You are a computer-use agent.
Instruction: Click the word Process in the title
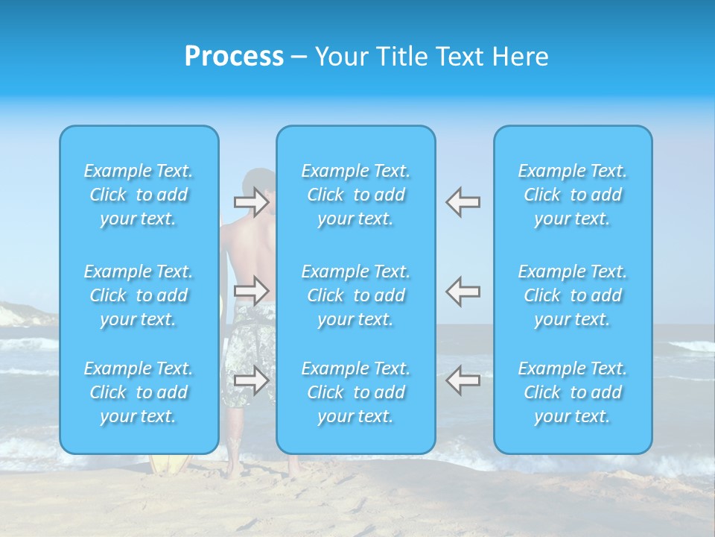pyautogui.click(x=234, y=57)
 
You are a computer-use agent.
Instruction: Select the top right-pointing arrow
pyautogui.click(x=252, y=202)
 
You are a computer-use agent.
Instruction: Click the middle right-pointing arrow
pyautogui.click(x=252, y=291)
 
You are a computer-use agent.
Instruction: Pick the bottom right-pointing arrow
pyautogui.click(x=252, y=380)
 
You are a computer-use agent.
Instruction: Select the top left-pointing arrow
pyautogui.click(x=463, y=202)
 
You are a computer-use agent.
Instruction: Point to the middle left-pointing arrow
pyautogui.click(x=463, y=291)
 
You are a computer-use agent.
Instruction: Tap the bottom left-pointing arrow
pyautogui.click(x=463, y=380)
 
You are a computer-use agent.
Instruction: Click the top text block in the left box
pyautogui.click(x=139, y=195)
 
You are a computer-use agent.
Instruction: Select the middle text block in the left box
pyautogui.click(x=139, y=295)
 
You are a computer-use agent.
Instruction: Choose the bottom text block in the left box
pyautogui.click(x=139, y=392)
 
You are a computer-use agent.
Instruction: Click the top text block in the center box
pyautogui.click(x=356, y=195)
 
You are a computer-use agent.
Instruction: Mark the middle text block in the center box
pyautogui.click(x=356, y=295)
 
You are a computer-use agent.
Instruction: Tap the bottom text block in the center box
pyautogui.click(x=356, y=392)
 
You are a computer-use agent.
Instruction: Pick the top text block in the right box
pyautogui.click(x=573, y=195)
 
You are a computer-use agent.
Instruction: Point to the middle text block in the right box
pyautogui.click(x=573, y=295)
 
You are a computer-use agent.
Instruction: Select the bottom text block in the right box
pyautogui.click(x=573, y=392)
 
